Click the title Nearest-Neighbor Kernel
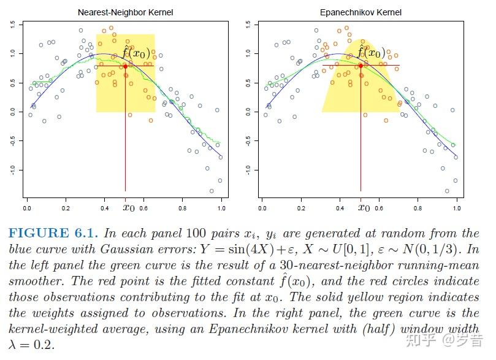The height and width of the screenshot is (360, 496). (x=124, y=12)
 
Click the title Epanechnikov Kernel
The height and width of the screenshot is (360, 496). (x=360, y=12)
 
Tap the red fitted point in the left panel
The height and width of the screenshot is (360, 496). (x=125, y=66)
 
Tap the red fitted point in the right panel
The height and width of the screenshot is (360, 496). (x=361, y=66)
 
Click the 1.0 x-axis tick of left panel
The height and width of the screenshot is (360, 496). (x=221, y=209)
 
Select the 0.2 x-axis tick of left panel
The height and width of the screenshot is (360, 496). (x=66, y=209)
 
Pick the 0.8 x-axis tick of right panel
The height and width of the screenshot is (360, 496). (x=418, y=209)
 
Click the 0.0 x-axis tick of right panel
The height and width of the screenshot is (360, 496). (x=262, y=209)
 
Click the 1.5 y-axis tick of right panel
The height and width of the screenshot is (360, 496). (x=248, y=25)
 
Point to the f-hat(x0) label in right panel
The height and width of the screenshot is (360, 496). (x=372, y=53)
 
